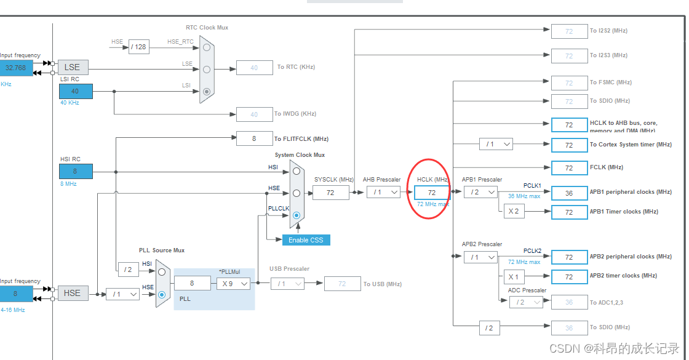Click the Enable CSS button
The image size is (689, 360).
click(x=306, y=240)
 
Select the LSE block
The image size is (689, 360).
click(x=73, y=67)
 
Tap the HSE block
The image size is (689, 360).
click(x=73, y=293)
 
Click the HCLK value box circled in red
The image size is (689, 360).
click(x=432, y=193)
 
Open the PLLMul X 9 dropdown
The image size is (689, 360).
click(x=233, y=283)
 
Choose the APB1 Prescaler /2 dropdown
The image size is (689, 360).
click(x=480, y=192)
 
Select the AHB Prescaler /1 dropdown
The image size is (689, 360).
click(x=383, y=192)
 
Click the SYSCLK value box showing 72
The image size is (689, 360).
click(x=330, y=193)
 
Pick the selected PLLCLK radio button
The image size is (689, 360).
click(x=297, y=215)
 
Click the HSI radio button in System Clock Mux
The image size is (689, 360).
click(x=297, y=170)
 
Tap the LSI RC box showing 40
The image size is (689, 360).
click(x=76, y=91)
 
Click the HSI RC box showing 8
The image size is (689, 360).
click(x=76, y=171)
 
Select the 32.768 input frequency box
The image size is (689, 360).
click(x=16, y=67)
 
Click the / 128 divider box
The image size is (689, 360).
click(x=139, y=47)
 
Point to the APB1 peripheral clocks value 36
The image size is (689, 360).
click(x=569, y=193)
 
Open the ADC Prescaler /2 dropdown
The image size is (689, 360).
click(x=526, y=302)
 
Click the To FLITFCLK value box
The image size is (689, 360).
click(x=254, y=139)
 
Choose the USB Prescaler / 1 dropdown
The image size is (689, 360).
click(x=287, y=283)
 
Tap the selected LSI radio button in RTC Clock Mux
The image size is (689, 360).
click(x=207, y=92)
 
